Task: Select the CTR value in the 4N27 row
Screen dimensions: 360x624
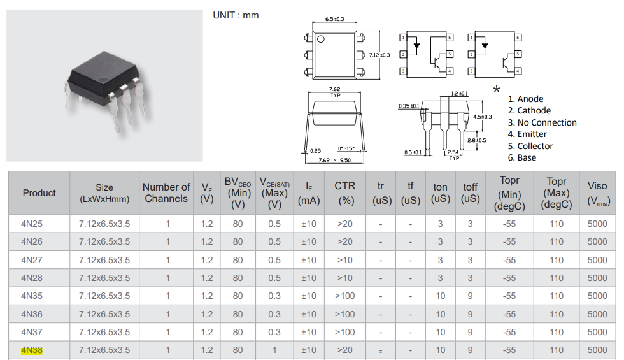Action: coord(344,260)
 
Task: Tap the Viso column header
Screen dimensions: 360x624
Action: coord(597,193)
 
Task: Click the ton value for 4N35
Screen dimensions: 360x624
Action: coord(441,296)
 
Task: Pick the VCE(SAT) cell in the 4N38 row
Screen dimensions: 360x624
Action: coord(274,350)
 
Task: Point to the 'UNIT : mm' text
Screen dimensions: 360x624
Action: coord(236,15)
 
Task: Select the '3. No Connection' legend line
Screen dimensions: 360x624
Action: coord(542,122)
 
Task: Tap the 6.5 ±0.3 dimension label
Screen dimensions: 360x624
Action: coord(334,20)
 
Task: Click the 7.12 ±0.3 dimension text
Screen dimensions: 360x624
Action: coord(379,55)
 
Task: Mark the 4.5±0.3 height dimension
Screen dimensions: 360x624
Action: coord(483,117)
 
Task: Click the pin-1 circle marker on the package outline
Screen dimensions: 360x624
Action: coord(322,40)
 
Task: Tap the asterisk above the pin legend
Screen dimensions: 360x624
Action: coord(497,90)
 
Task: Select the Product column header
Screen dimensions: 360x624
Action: coord(39,193)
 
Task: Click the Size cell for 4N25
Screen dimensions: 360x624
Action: coord(104,224)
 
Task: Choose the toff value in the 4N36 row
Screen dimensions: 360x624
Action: coord(470,314)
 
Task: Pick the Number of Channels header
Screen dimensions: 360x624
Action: coord(166,192)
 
